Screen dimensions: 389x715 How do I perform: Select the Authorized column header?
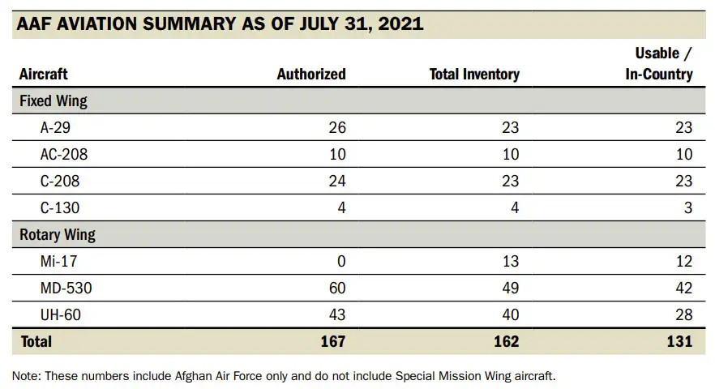click(x=311, y=75)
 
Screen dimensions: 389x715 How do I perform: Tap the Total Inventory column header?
click(x=474, y=75)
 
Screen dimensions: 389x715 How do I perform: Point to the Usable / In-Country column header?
click(x=658, y=64)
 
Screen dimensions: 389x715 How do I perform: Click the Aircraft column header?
click(x=44, y=75)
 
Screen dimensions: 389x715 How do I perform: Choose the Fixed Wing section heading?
click(x=54, y=102)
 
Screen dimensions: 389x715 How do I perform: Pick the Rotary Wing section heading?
click(x=58, y=235)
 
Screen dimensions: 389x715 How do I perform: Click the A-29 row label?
click(x=57, y=128)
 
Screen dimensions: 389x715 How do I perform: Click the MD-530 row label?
click(x=63, y=288)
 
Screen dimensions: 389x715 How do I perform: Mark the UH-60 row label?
click(x=59, y=314)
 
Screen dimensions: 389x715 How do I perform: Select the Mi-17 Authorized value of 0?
click(x=340, y=261)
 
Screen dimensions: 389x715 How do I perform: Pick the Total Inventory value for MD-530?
click(x=509, y=288)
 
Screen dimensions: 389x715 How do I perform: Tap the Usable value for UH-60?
click(x=683, y=314)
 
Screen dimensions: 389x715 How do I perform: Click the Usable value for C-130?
click(x=687, y=208)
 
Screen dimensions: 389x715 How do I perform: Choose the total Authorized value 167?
click(x=332, y=341)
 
